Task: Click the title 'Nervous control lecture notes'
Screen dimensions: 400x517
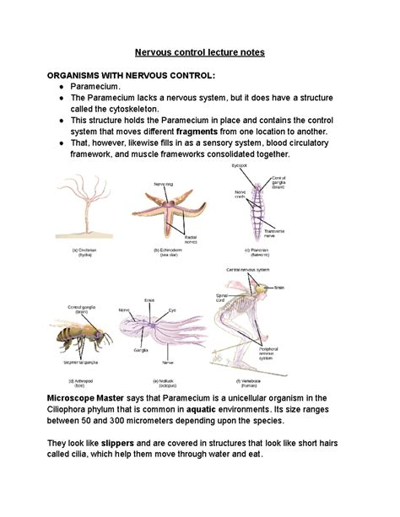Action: click(x=200, y=52)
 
